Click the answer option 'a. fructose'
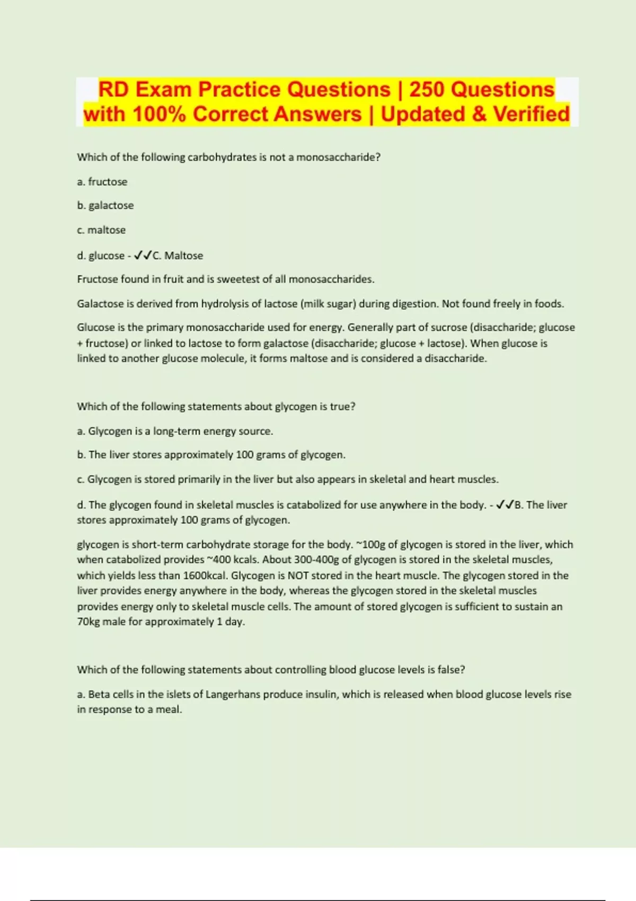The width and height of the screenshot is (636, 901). coord(102,182)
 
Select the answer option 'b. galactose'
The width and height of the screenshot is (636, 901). coord(105,206)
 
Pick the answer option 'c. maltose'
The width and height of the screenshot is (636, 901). coord(101,230)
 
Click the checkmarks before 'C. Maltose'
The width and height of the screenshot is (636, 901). coord(143,255)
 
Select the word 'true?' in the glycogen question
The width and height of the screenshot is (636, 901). coord(342,407)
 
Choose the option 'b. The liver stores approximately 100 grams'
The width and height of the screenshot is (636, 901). coord(211,455)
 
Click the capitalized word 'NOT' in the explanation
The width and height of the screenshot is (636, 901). coord(298,576)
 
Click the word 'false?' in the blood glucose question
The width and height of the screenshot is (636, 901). coord(451,670)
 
